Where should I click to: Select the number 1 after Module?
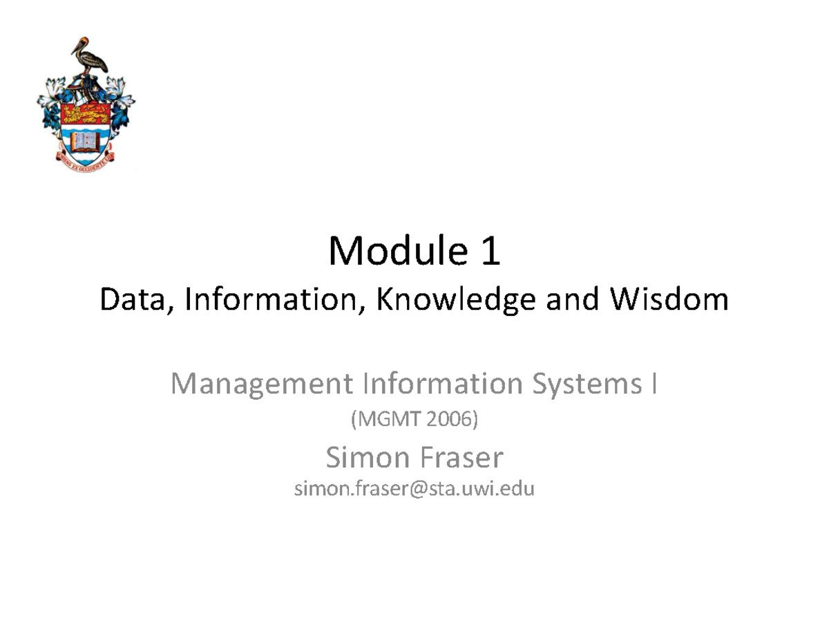(x=489, y=252)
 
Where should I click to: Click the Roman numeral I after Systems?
(x=654, y=384)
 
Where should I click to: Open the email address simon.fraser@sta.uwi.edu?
(x=414, y=490)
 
